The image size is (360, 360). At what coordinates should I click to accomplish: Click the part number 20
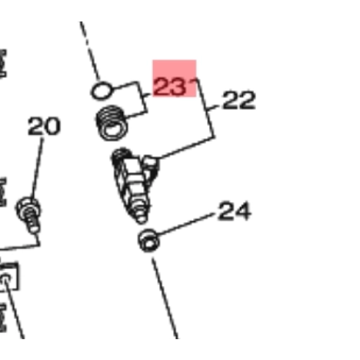click(44, 126)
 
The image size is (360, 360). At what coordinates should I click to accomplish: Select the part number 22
click(239, 100)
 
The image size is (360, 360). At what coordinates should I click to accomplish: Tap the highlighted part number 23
click(170, 86)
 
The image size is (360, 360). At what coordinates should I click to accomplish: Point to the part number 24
click(234, 211)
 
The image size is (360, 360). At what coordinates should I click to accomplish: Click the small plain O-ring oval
click(102, 91)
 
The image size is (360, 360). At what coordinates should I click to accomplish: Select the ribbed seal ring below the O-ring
click(112, 123)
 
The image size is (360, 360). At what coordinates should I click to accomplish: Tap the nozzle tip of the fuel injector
click(140, 217)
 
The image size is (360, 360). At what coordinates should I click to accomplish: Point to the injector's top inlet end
click(122, 154)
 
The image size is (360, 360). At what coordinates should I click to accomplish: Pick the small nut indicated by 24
click(148, 241)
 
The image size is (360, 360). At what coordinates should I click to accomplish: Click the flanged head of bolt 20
click(28, 207)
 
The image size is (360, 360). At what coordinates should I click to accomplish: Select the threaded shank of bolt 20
click(33, 222)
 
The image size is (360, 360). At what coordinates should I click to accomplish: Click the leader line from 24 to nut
click(186, 224)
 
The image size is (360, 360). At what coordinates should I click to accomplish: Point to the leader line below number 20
click(37, 167)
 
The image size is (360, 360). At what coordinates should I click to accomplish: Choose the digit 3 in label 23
click(177, 87)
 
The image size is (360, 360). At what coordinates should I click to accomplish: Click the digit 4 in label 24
click(243, 211)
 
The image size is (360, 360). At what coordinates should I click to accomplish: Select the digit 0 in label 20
click(52, 126)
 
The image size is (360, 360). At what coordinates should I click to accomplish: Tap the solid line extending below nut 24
click(165, 298)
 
